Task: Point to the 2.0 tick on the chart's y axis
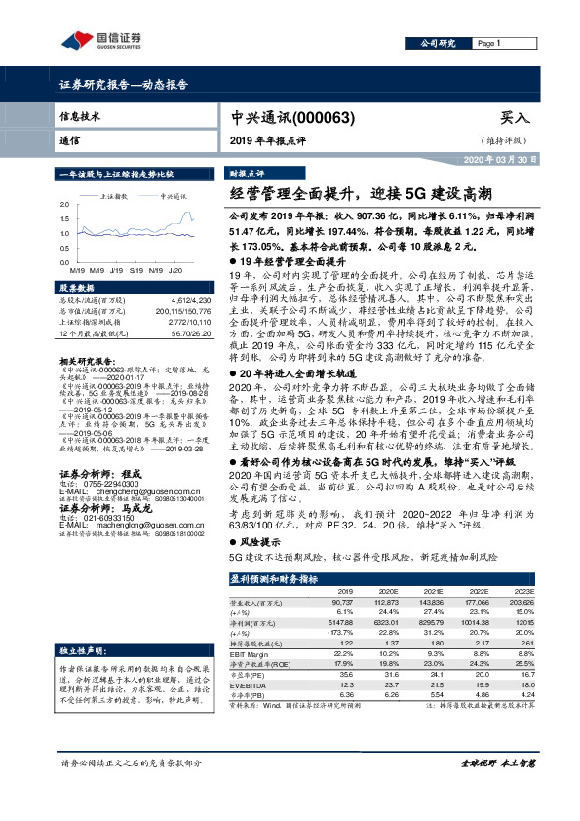(x=64, y=204)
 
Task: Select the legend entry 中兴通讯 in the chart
(x=173, y=196)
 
